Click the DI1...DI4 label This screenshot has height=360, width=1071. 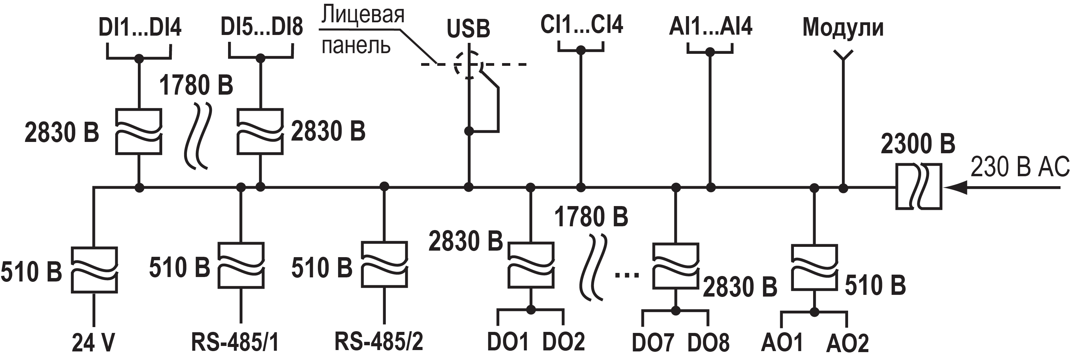coord(140,27)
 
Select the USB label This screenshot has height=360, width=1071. coord(468,29)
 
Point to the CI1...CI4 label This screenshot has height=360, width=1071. coord(581,25)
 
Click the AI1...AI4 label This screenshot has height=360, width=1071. coord(711,26)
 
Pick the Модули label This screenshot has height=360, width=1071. coord(843,27)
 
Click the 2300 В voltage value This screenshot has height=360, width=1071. coord(918,144)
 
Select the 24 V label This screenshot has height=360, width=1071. coord(93,343)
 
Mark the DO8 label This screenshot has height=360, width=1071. coord(708,343)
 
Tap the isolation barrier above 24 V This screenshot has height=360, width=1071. coord(94,270)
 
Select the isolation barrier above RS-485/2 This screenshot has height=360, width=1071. coord(384,264)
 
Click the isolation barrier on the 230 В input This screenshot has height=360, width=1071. coord(918,187)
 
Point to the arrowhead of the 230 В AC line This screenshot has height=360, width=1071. coord(954,188)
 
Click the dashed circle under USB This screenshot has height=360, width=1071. coord(468,64)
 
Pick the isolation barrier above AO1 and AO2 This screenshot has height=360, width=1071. coord(814,267)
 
